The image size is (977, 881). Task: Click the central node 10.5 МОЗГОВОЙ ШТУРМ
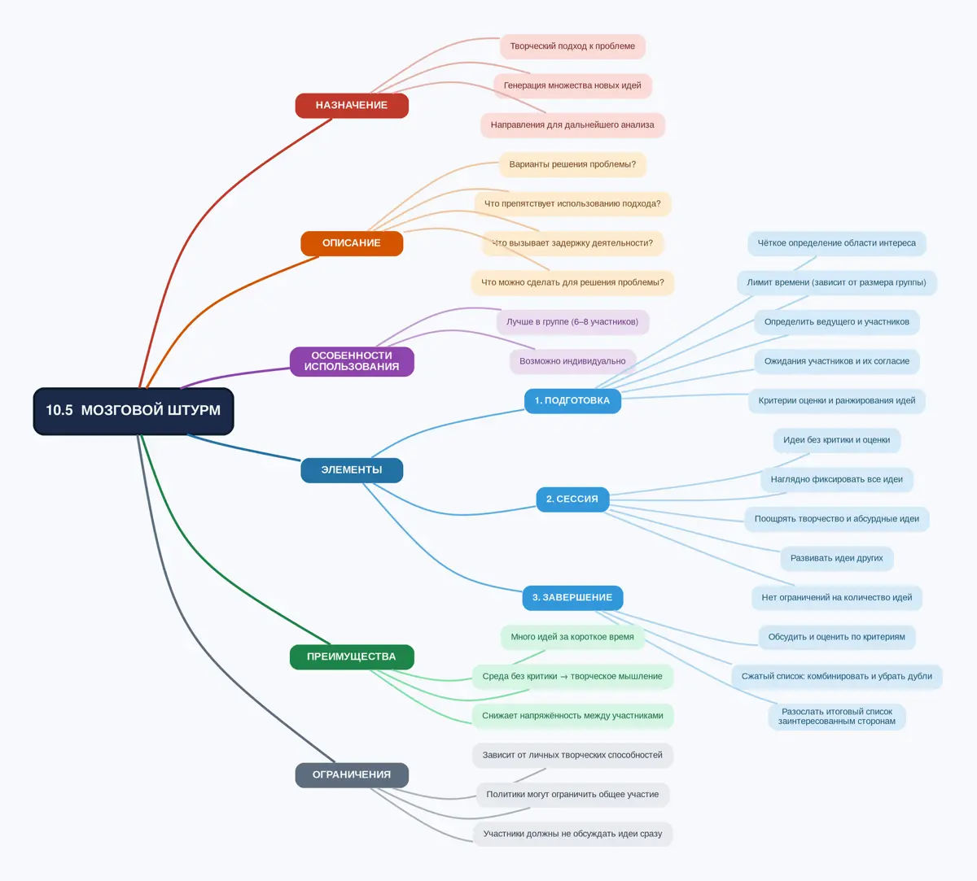tap(134, 412)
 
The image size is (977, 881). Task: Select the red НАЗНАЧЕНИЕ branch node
tap(352, 106)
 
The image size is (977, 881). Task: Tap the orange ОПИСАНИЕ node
tap(352, 243)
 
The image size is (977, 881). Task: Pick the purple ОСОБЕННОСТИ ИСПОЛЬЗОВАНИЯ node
tap(352, 361)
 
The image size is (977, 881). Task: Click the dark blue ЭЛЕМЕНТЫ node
tap(352, 470)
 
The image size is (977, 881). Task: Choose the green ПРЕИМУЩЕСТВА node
tap(352, 657)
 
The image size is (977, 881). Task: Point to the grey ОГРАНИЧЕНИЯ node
tap(352, 775)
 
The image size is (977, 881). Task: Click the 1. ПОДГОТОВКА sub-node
tap(572, 401)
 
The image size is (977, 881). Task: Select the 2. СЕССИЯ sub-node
tap(572, 499)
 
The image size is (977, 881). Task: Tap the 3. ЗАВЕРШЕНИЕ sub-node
tap(572, 598)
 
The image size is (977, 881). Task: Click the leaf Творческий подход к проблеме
tap(572, 46)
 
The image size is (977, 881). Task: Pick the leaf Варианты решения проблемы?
tap(572, 164)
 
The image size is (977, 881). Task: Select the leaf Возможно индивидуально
tap(572, 362)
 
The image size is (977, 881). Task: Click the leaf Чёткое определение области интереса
tap(837, 243)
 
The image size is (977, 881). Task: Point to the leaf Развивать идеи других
tap(837, 558)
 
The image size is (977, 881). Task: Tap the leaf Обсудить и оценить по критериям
tap(837, 637)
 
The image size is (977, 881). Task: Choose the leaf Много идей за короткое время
tap(572, 637)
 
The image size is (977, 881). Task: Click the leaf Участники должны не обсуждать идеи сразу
tap(572, 835)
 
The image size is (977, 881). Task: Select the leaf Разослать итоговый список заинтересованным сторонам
tap(837, 717)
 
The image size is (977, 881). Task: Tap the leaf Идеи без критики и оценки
tap(837, 441)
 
